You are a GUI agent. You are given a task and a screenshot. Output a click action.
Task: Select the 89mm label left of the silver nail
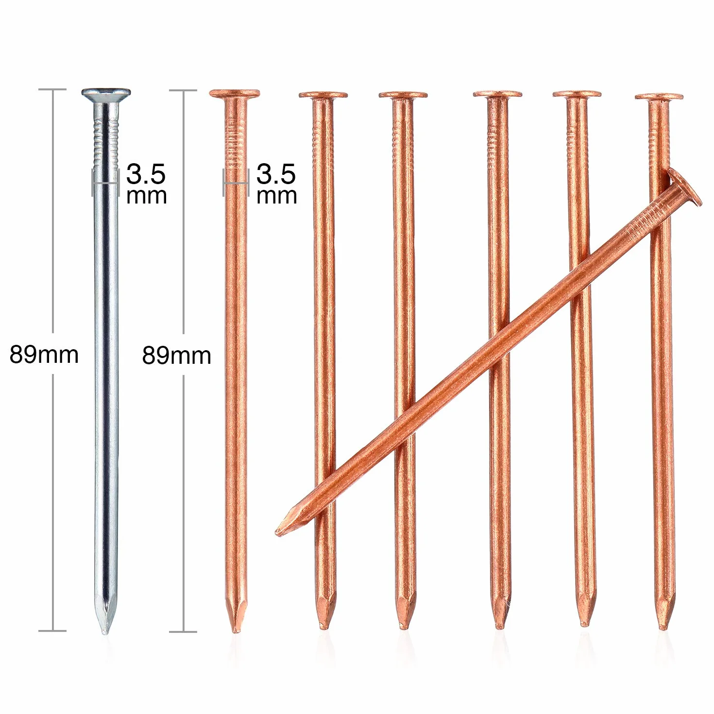click(44, 354)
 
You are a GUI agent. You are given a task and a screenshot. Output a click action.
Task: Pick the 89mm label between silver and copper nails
click(176, 356)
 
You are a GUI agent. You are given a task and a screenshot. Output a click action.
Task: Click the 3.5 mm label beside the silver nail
click(146, 184)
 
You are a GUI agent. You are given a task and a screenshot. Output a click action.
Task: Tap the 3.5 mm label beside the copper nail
click(276, 184)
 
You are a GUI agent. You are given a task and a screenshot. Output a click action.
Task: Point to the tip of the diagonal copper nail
click(277, 534)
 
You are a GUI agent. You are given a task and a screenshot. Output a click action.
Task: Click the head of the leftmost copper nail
click(234, 93)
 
